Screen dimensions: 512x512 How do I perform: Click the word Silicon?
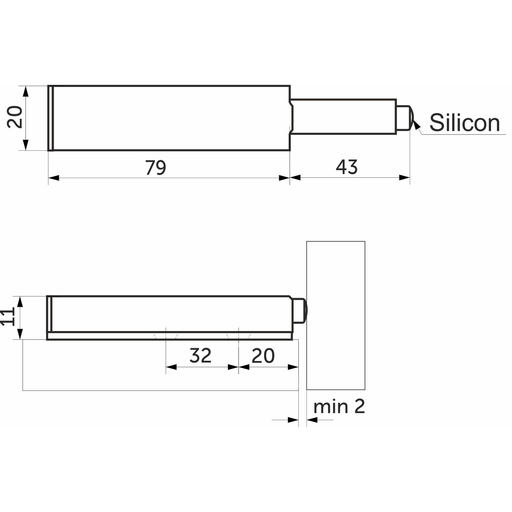(464, 123)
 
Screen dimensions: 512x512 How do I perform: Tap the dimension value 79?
(156, 167)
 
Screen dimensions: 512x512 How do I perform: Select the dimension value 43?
(346, 167)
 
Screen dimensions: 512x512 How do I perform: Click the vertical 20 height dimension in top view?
(15, 117)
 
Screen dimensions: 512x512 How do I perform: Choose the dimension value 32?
(200, 355)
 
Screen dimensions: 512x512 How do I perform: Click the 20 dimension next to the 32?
(263, 355)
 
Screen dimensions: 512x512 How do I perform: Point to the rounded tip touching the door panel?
(300, 310)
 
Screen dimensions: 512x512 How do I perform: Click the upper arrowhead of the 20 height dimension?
(26, 91)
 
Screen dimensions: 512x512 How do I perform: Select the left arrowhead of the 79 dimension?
(54, 178)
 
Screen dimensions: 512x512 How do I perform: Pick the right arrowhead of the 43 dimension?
(404, 177)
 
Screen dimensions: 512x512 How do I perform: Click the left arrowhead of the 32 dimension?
(171, 367)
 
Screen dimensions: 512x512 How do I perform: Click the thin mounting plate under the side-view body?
(170, 336)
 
